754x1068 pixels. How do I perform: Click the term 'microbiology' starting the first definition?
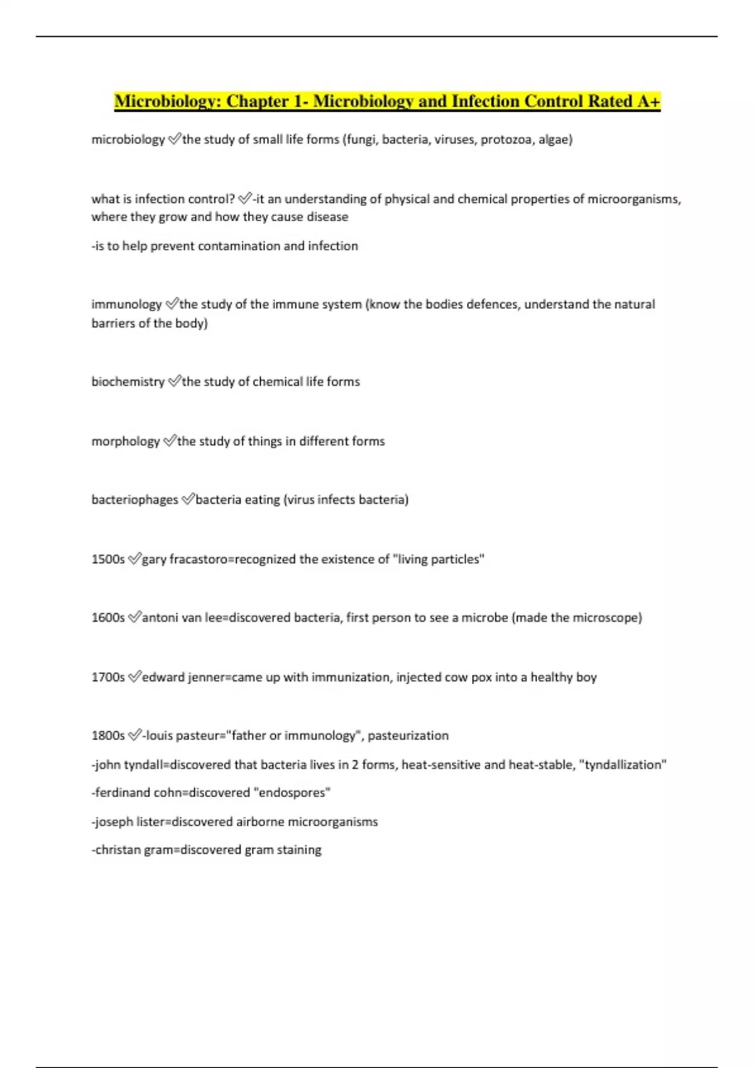pos(128,139)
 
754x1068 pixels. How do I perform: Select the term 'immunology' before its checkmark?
pos(127,305)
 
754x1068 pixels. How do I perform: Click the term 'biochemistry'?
pos(128,382)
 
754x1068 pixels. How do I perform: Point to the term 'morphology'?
pos(126,442)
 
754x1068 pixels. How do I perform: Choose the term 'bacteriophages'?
pos(135,500)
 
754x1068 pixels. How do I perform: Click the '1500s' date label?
pos(108,559)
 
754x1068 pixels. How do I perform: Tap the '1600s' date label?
pos(108,618)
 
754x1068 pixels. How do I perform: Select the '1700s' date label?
pos(108,677)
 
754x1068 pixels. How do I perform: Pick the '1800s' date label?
pos(108,736)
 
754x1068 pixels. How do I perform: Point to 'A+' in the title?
pos(648,101)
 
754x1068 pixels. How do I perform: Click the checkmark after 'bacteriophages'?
pos(187,499)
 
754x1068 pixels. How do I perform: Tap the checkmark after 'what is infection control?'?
pos(244,199)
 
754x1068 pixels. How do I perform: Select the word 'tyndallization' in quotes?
pos(622,765)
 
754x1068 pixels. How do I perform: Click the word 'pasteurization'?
pos(408,736)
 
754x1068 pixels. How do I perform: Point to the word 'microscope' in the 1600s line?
pos(608,618)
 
